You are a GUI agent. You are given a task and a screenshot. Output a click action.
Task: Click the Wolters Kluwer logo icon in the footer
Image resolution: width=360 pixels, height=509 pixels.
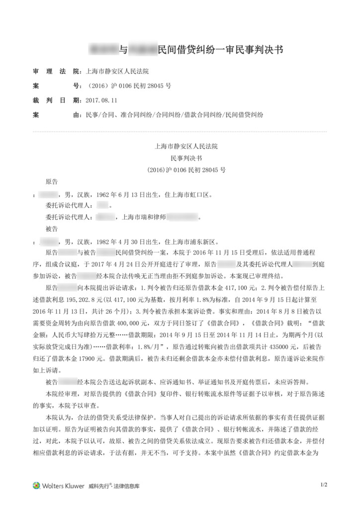[x=37, y=485]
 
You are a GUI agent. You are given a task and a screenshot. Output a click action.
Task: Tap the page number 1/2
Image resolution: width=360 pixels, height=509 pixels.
[x=324, y=484]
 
